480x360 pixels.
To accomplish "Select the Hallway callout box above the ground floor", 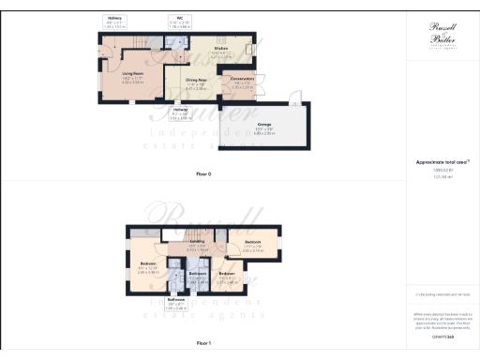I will pos(112,22).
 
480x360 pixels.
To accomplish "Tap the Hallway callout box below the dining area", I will pos(180,114).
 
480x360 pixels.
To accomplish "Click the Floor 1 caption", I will pos(203,344).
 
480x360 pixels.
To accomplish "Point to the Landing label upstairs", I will pos(198,246).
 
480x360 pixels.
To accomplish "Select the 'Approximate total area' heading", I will pos(441,162).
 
